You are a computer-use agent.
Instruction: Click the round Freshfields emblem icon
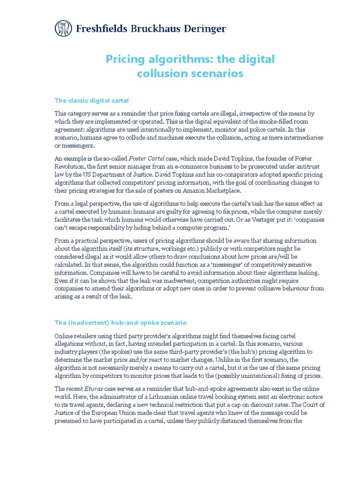click(63, 29)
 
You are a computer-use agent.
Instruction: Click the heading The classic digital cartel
click(91, 100)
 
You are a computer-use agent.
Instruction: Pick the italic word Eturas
click(95, 389)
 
